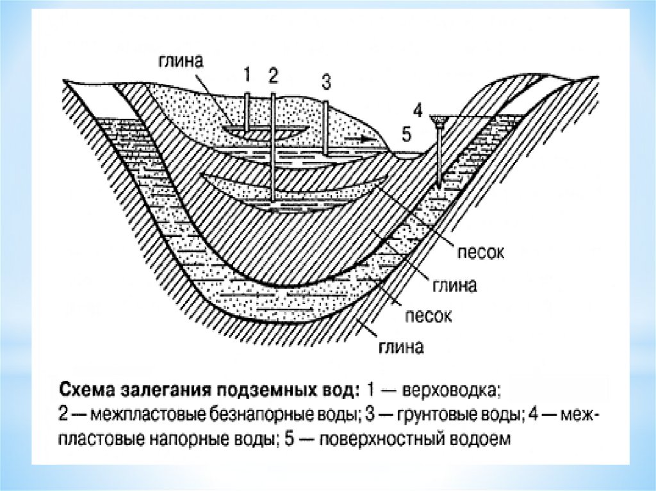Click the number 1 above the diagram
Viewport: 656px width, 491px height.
click(x=247, y=76)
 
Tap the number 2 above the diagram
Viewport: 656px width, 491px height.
click(x=274, y=76)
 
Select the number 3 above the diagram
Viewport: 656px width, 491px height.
click(x=326, y=82)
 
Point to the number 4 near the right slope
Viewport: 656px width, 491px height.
click(x=418, y=111)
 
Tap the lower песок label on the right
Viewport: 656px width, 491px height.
click(x=428, y=315)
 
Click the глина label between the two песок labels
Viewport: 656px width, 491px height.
click(x=453, y=285)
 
